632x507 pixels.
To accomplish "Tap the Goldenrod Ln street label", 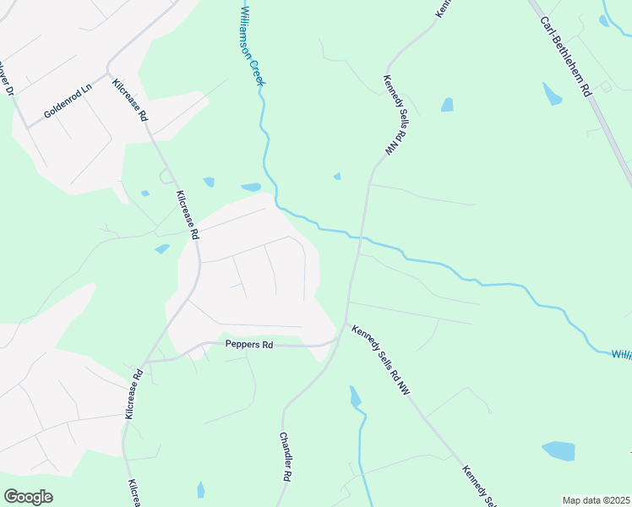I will coord(68,101).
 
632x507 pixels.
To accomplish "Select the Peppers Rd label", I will coord(249,345).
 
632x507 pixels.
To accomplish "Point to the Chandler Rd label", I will coord(286,457).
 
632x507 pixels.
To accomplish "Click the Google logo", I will coord(28,497).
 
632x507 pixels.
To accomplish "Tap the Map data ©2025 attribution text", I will coord(597,500).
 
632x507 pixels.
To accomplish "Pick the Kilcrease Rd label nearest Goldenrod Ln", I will coord(130,101).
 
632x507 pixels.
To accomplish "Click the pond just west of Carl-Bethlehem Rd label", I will coord(552,94).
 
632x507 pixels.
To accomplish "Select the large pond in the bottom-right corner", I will coord(558,450).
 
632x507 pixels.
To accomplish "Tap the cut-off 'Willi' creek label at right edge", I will coord(621,355).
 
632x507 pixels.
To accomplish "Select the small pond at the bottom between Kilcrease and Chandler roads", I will coord(200,489).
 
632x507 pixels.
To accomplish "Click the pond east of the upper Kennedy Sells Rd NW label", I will coord(447,105).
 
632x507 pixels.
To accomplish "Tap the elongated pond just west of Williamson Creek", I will coord(251,187).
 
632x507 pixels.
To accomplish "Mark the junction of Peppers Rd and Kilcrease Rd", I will coord(144,361).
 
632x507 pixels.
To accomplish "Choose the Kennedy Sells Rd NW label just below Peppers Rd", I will coord(381,360).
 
